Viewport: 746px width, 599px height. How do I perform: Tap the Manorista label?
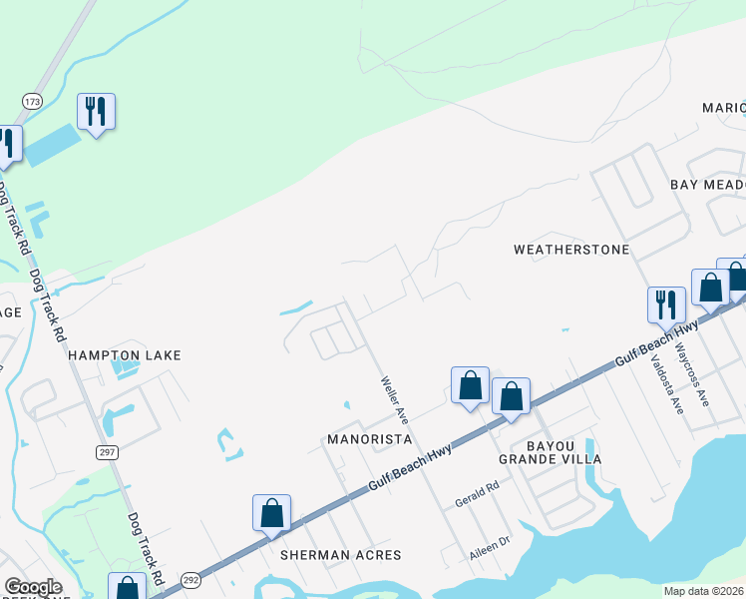pos(370,439)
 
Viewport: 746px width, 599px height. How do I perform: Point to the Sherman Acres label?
pos(340,555)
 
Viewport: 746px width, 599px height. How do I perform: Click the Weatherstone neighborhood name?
pos(571,249)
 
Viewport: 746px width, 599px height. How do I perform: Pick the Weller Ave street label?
pos(394,396)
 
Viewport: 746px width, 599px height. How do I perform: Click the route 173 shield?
pos(33,101)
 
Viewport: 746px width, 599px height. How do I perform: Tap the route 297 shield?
pos(109,452)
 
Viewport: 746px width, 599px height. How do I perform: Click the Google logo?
pos(33,586)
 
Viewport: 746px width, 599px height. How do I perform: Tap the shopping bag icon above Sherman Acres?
pos(271,513)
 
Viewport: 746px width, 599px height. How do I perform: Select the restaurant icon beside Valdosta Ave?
pos(666,304)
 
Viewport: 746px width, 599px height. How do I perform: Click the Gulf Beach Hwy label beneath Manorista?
pos(410,465)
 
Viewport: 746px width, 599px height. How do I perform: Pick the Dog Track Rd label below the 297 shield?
pos(146,549)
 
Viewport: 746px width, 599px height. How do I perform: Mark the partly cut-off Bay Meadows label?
pos(707,185)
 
